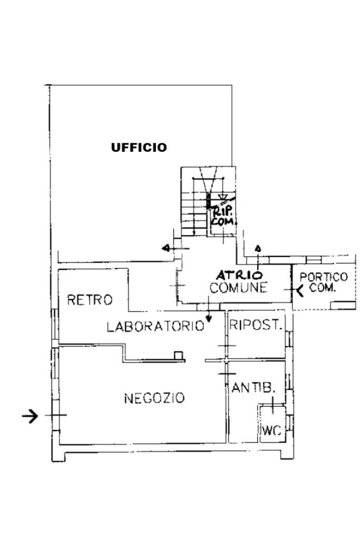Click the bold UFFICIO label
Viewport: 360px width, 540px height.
pyautogui.click(x=139, y=148)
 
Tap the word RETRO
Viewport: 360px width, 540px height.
pyautogui.click(x=90, y=300)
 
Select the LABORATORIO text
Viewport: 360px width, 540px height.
pyautogui.click(x=155, y=326)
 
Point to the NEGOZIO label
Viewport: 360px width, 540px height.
pyautogui.click(x=154, y=398)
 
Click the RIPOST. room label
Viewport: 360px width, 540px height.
pyautogui.click(x=256, y=325)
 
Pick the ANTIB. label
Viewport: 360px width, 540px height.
pyautogui.click(x=254, y=388)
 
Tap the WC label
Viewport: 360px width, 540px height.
pyautogui.click(x=272, y=430)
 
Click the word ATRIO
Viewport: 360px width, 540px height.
pyautogui.click(x=239, y=275)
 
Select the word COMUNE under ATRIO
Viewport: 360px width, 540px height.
pyautogui.click(x=238, y=288)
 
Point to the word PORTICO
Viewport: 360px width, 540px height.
pyautogui.click(x=324, y=277)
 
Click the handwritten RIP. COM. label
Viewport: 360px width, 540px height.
pyautogui.click(x=223, y=217)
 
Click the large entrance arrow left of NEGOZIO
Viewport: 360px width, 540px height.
pyautogui.click(x=30, y=416)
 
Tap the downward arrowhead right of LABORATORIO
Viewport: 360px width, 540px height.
pyautogui.click(x=208, y=319)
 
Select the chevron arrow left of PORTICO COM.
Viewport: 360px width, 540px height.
pyautogui.click(x=300, y=291)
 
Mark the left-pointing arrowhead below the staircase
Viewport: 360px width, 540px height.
pyautogui.click(x=166, y=248)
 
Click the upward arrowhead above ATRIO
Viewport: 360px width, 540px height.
pyautogui.click(x=258, y=248)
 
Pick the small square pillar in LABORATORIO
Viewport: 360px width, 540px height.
pyautogui.click(x=179, y=356)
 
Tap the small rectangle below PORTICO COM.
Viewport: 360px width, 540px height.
pyautogui.click(x=343, y=305)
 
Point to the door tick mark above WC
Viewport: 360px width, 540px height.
pyautogui.click(x=273, y=405)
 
